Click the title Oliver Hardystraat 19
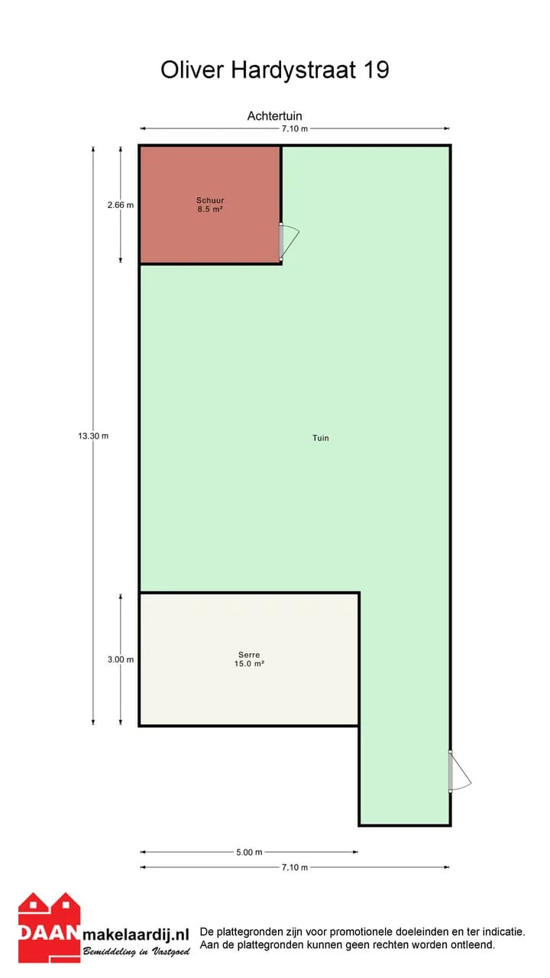(275, 70)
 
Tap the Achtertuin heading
(274, 115)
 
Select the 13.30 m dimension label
(93, 436)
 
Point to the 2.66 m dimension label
(121, 205)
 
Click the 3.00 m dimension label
(121, 659)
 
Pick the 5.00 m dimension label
(249, 852)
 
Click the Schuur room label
(210, 200)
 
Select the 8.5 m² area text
(210, 209)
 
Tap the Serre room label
(249, 655)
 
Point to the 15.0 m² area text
(249, 664)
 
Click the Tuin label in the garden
(321, 438)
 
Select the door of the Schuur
(288, 242)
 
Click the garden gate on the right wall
(459, 771)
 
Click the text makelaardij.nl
(136, 934)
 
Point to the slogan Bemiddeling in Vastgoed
(136, 951)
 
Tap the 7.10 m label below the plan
(295, 867)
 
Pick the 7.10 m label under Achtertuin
(295, 129)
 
